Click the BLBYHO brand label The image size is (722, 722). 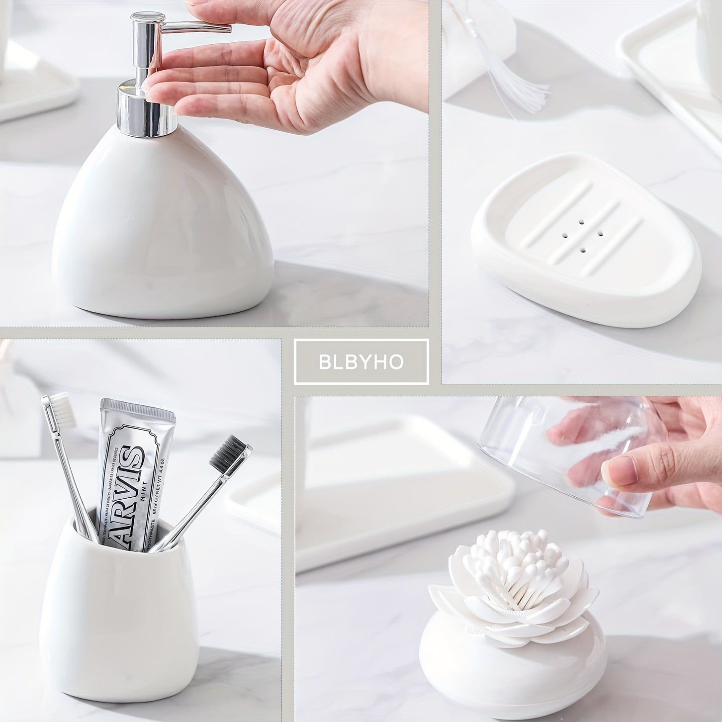361,361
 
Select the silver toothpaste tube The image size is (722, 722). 132,472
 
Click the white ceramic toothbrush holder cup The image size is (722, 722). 119,622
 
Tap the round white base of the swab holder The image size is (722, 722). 512,671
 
